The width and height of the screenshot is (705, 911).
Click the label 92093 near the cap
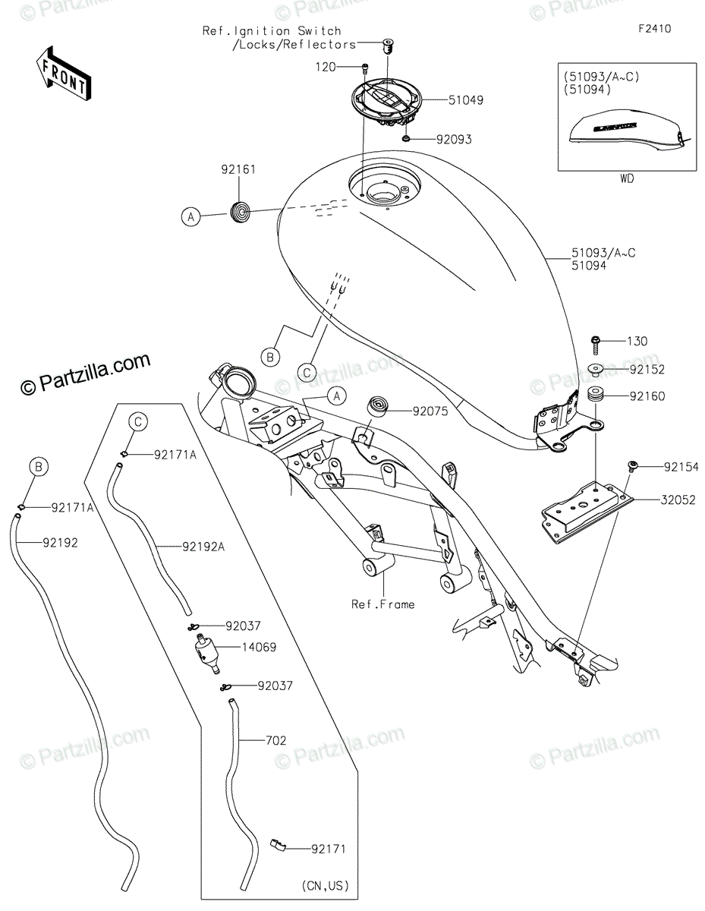[x=454, y=140]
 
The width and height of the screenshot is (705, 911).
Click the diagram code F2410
[x=654, y=30]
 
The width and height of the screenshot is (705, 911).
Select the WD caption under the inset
[x=627, y=179]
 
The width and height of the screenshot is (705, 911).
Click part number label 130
[x=637, y=342]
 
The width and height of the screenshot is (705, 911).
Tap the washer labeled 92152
[x=596, y=370]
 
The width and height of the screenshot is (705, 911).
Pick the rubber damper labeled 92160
[x=595, y=396]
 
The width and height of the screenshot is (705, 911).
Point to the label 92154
[x=681, y=467]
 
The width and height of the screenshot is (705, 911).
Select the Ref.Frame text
[x=382, y=604]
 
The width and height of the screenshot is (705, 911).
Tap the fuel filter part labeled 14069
[x=206, y=651]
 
